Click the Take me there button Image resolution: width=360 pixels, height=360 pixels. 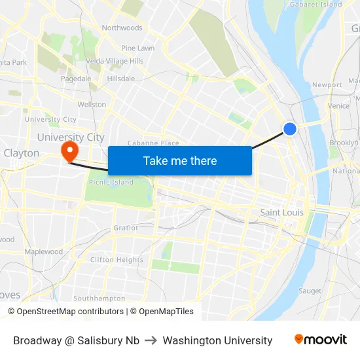[180, 160]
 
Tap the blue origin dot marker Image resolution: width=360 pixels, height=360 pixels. [290, 130]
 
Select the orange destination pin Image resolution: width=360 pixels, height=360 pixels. [69, 153]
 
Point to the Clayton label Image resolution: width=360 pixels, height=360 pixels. [22, 153]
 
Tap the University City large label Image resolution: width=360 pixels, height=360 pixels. [71, 137]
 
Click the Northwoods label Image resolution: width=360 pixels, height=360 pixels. [122, 28]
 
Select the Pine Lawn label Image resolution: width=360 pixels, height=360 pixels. [137, 48]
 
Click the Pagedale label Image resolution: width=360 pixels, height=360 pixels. [76, 79]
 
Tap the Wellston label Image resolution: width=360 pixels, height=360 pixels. [92, 105]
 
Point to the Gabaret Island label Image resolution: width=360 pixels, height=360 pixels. [316, 5]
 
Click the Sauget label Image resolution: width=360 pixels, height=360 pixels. [310, 291]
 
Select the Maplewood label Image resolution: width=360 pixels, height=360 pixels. [43, 252]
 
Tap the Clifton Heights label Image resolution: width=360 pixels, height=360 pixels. [117, 260]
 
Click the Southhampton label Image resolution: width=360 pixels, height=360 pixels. [99, 298]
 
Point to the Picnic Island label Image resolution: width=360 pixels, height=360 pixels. [111, 183]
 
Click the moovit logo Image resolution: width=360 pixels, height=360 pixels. [320, 340]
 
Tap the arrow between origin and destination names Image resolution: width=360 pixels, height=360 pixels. [151, 340]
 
